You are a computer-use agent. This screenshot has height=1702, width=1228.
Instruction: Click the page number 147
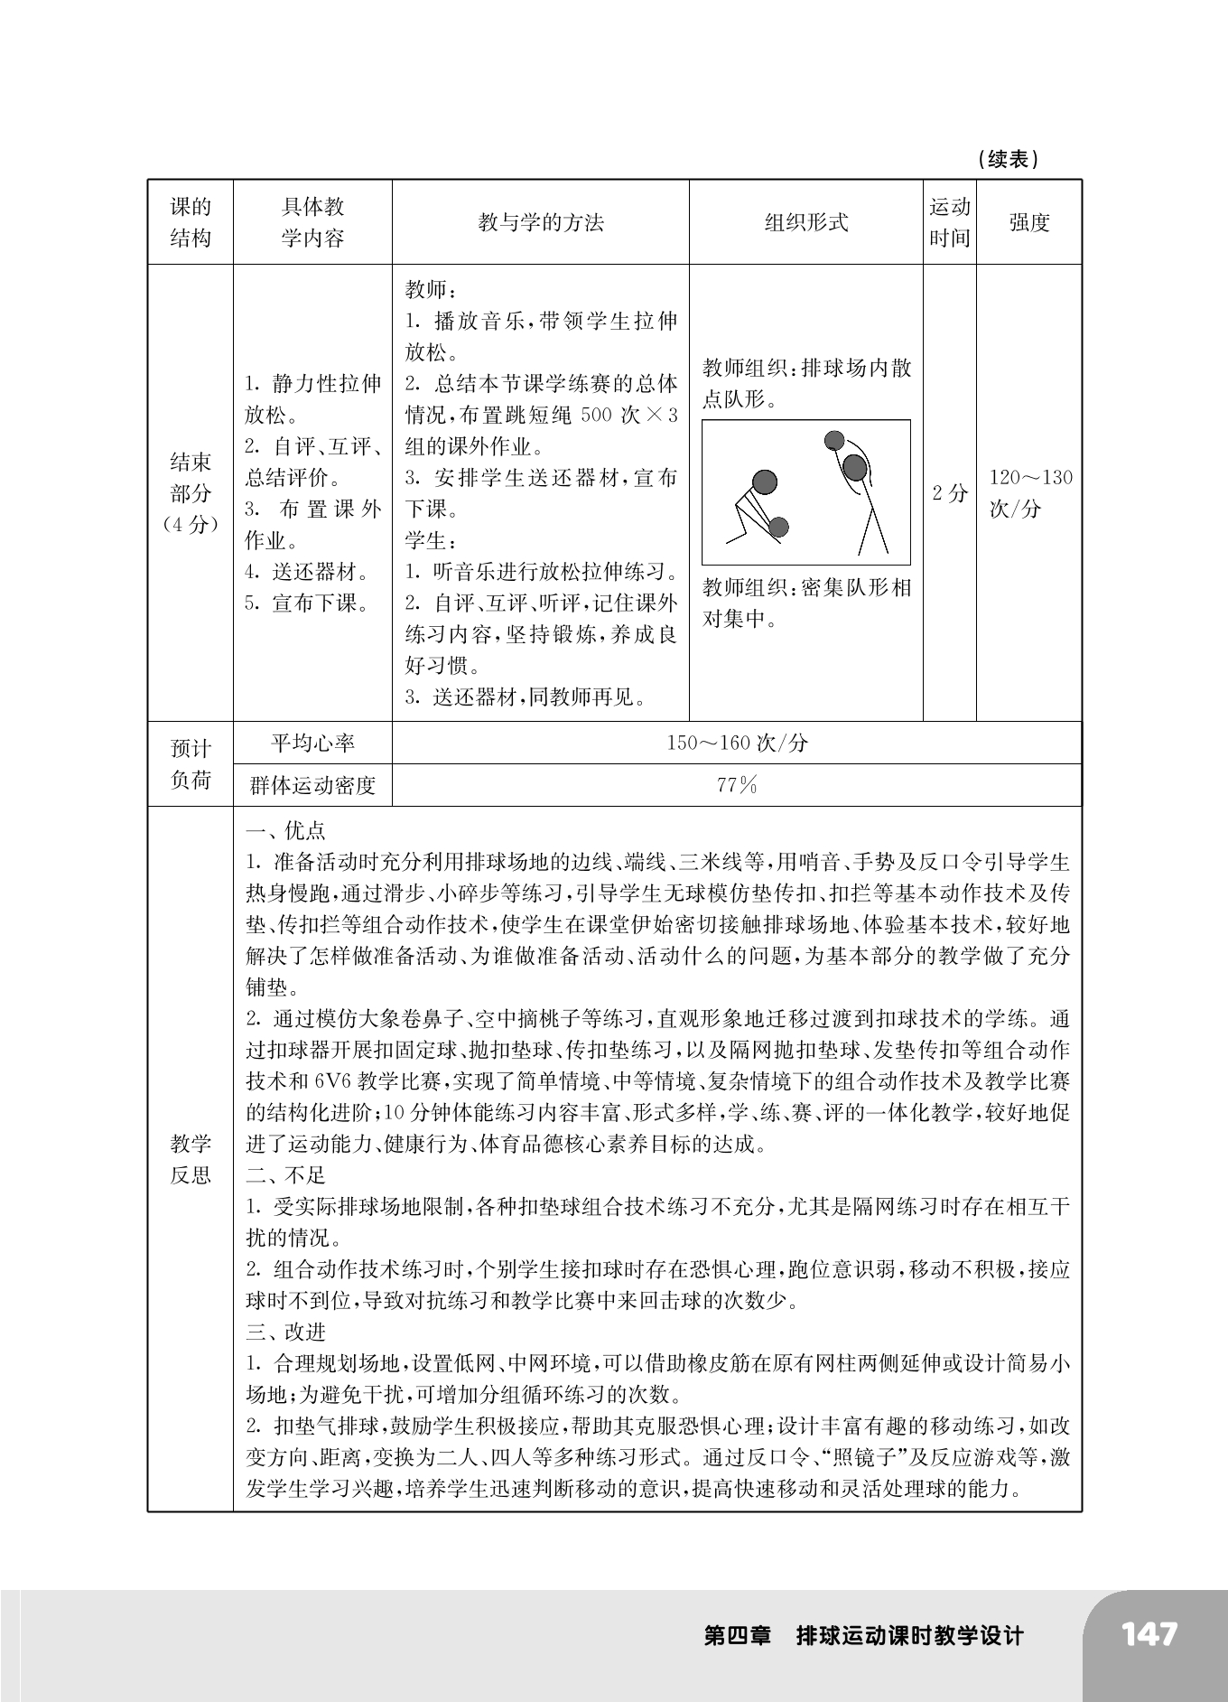click(1149, 1634)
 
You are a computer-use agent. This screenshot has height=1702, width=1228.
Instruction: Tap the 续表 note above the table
click(1008, 160)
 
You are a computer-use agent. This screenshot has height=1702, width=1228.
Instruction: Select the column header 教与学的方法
click(540, 222)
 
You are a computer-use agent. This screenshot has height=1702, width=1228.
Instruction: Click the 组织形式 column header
click(805, 222)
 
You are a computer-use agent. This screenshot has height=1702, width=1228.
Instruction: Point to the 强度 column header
click(1028, 222)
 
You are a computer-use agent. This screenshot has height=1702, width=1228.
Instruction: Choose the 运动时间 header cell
click(949, 222)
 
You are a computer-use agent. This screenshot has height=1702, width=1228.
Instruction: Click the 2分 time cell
click(949, 492)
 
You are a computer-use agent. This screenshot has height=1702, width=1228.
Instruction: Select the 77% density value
click(737, 785)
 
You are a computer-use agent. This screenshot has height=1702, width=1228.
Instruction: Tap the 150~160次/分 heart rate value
click(737, 743)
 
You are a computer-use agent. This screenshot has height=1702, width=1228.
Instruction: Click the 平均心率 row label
click(312, 743)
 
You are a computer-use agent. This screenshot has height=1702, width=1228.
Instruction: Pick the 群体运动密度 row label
click(312, 785)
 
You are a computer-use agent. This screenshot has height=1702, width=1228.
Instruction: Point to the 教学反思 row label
click(190, 1159)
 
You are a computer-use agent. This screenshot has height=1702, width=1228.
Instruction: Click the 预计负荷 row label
click(190, 763)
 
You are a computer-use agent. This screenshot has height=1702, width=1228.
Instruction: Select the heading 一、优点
click(286, 830)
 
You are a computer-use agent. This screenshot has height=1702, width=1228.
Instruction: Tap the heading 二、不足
click(286, 1174)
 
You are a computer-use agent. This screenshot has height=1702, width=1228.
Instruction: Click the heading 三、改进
click(286, 1332)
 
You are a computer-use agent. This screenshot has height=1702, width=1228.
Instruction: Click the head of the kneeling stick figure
click(764, 482)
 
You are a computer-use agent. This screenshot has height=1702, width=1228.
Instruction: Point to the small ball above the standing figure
click(834, 441)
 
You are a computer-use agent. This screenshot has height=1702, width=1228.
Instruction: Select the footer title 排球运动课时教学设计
click(909, 1636)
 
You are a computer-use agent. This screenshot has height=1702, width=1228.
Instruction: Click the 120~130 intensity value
click(1029, 478)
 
